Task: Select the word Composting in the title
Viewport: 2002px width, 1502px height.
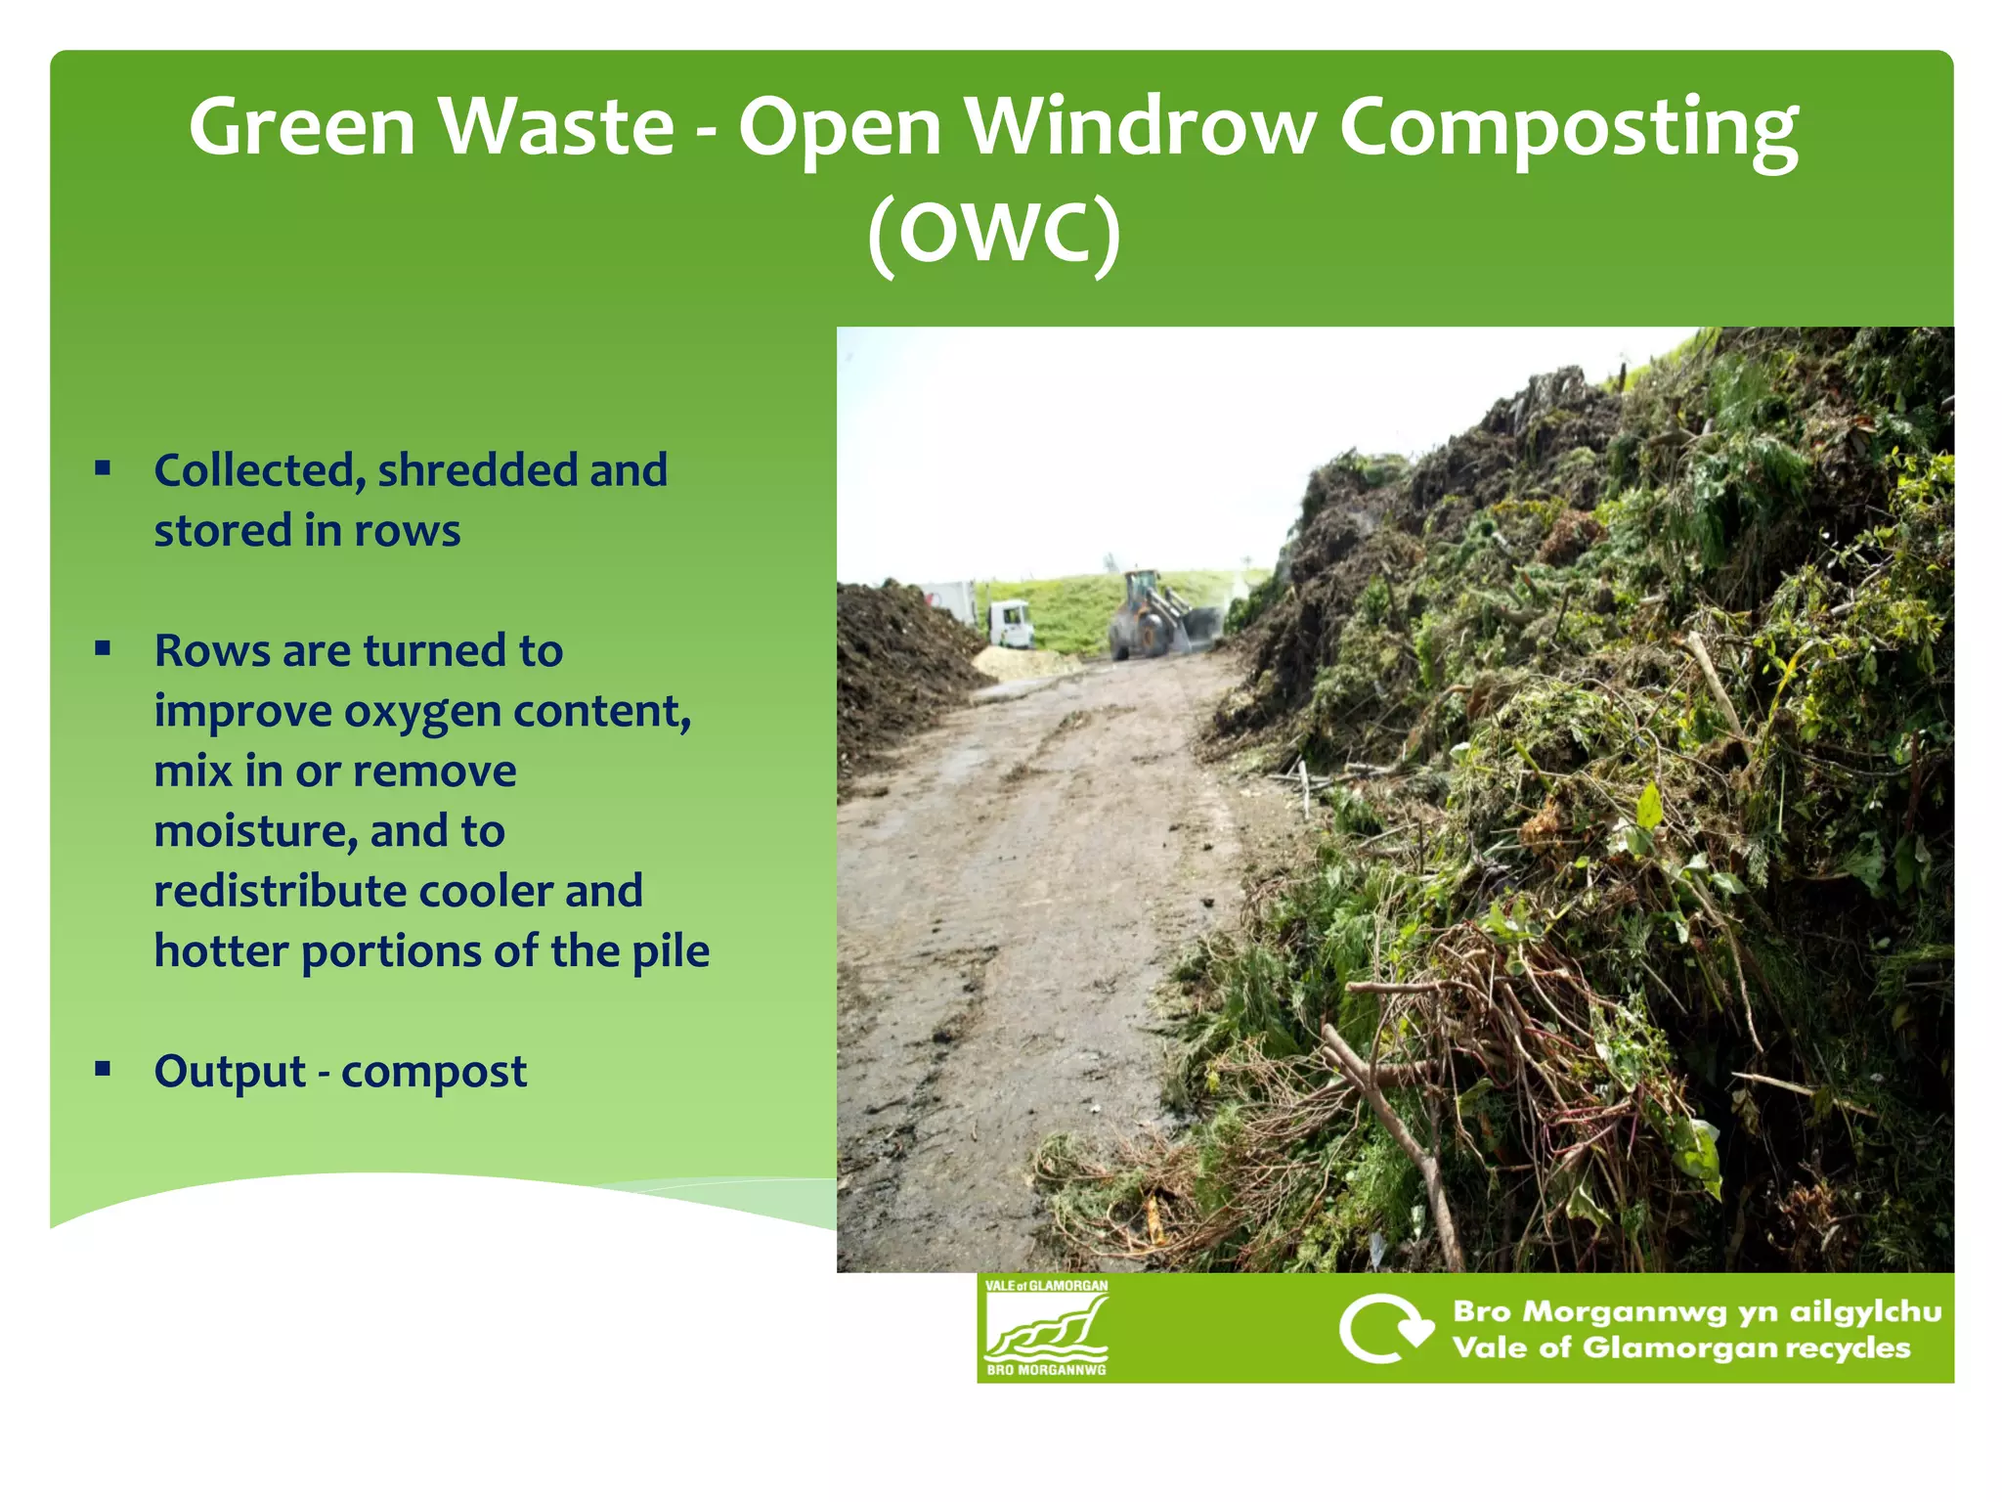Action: coord(1567,129)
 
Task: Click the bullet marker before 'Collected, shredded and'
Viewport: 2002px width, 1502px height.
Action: coord(103,468)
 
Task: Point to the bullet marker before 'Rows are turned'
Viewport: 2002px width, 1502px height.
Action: coord(103,648)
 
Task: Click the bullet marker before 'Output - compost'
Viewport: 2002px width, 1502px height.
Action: coord(103,1069)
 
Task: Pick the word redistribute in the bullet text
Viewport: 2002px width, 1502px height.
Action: coord(280,892)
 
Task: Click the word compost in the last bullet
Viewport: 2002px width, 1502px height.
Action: coord(434,1073)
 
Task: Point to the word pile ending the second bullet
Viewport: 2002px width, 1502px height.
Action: coord(671,951)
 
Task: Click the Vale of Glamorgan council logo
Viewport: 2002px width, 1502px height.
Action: coord(1046,1327)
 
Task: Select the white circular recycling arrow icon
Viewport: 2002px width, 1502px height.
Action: coord(1382,1328)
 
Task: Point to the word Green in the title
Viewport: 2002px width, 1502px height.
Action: coord(302,127)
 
